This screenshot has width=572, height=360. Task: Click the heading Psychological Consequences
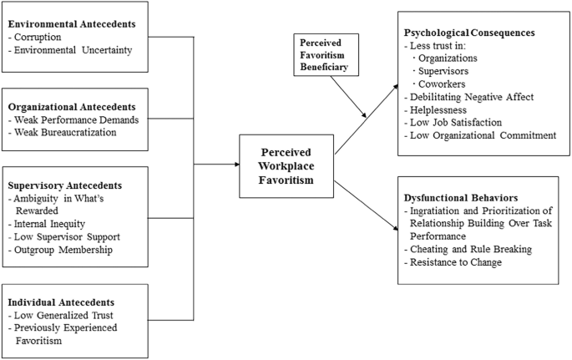point(468,33)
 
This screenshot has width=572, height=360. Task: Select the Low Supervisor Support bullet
point(63,238)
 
